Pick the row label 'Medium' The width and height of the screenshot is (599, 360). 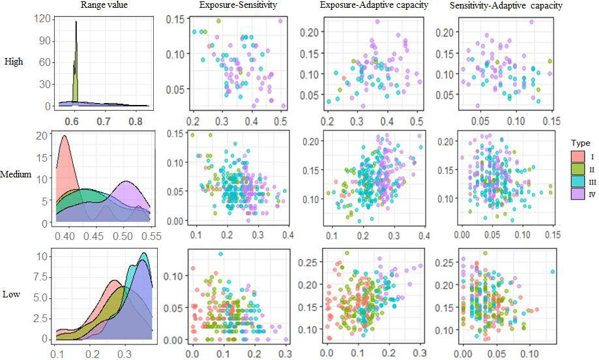click(x=18, y=175)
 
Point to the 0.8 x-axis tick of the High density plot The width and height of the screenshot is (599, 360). click(x=135, y=121)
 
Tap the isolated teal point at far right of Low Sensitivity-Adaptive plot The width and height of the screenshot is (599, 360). click(x=553, y=272)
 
